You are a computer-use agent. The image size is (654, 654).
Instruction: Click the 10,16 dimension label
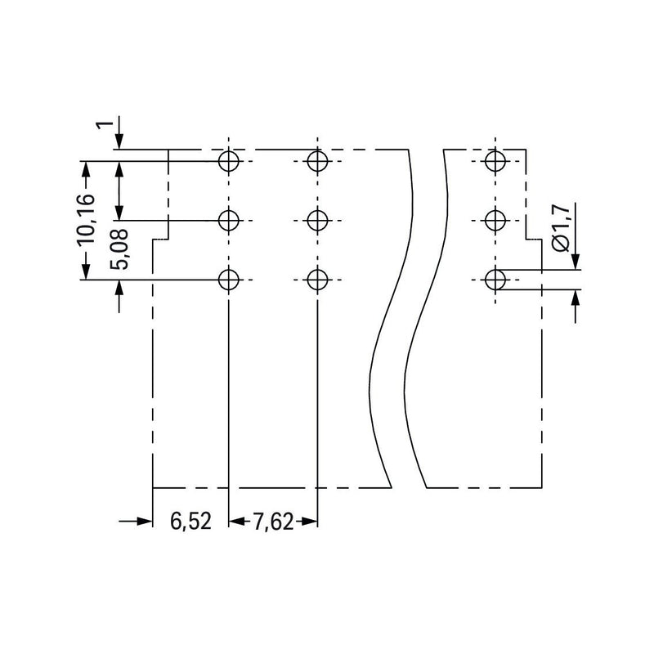(86, 220)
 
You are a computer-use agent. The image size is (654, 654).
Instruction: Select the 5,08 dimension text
(119, 249)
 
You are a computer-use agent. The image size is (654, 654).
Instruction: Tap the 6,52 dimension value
(190, 522)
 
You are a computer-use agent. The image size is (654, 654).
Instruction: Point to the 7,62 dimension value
(273, 522)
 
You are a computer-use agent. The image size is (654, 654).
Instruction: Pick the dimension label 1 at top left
(105, 124)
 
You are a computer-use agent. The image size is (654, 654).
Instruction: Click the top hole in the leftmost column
(229, 161)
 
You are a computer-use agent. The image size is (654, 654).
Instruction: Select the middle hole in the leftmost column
(229, 220)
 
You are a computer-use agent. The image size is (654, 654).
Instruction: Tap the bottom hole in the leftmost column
(229, 280)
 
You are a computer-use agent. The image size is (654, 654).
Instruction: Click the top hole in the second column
(317, 161)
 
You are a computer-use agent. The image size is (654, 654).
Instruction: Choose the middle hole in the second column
(317, 220)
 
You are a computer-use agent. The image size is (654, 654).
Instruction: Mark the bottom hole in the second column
(317, 280)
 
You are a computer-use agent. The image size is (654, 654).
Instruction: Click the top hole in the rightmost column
(495, 161)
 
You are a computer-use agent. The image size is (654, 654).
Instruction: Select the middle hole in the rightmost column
(495, 220)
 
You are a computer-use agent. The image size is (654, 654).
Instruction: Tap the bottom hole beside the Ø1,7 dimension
(495, 280)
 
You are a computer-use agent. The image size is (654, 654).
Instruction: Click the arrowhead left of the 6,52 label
(145, 522)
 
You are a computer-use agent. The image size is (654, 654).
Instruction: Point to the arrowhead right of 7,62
(309, 522)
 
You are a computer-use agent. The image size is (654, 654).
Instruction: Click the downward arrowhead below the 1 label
(119, 141)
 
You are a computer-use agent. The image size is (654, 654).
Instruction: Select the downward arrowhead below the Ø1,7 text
(576, 261)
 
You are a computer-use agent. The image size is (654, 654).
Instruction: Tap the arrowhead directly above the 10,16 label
(86, 169)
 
